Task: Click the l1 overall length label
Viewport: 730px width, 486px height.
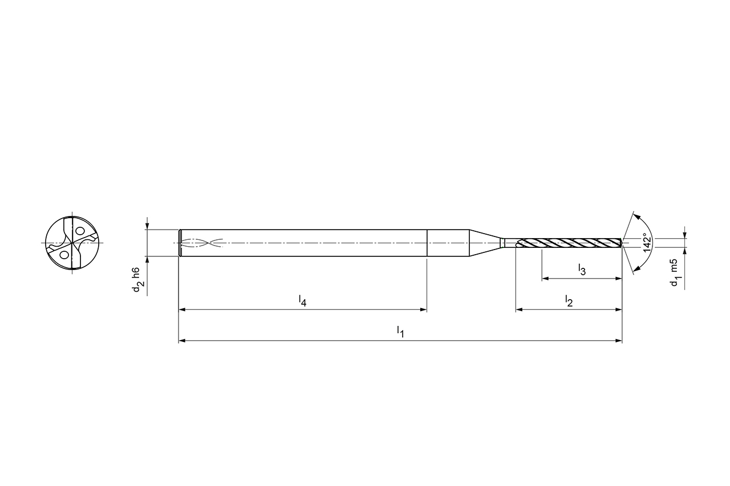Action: click(400, 332)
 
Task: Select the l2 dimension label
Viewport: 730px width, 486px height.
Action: click(569, 301)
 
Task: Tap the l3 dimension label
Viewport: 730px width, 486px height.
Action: click(582, 269)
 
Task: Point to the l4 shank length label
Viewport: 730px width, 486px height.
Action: click(303, 301)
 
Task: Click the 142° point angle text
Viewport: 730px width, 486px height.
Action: click(647, 243)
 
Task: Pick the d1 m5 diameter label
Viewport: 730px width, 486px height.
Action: click(676, 273)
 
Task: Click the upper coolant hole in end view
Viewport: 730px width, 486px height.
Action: click(79, 231)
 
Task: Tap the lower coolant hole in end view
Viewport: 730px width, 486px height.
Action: click(64, 255)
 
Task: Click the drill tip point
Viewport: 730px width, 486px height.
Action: click(623, 243)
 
